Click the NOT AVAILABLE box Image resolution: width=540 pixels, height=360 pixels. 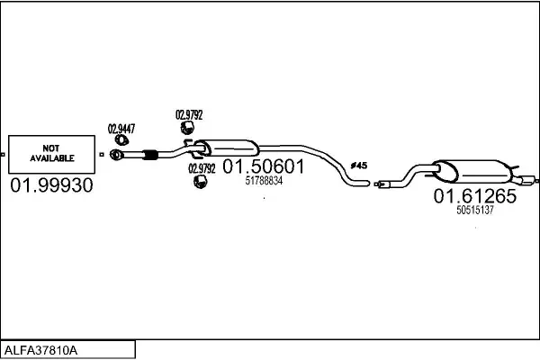point(51,153)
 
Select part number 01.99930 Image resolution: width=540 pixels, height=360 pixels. point(51,186)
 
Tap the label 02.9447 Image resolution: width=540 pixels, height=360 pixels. point(121,129)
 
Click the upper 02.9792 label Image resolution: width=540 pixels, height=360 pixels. point(189,114)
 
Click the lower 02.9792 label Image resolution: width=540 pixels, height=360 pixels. point(202,168)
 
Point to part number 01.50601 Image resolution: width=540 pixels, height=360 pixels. point(264,166)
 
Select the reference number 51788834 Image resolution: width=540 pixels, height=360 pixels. point(264,181)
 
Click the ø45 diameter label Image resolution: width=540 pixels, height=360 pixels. point(358,166)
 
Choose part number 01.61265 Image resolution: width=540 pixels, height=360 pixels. point(475,196)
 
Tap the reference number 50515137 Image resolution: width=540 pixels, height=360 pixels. point(475,210)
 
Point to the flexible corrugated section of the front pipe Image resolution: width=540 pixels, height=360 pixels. point(150,157)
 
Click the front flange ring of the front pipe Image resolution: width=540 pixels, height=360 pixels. point(116,157)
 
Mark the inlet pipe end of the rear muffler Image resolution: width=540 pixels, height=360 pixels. point(382,186)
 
